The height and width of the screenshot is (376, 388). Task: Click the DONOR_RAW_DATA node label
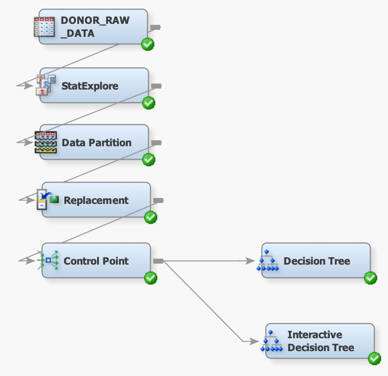(x=95, y=27)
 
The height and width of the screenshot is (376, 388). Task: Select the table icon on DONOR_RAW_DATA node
(x=44, y=26)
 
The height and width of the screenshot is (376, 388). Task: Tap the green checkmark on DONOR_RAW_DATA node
(x=148, y=44)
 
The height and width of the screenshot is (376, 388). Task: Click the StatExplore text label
(x=90, y=86)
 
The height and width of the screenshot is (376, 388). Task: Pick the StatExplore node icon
(x=45, y=85)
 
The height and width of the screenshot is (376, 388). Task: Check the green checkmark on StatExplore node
(x=149, y=103)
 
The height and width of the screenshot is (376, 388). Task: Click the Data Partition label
(x=97, y=143)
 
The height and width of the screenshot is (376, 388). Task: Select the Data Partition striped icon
(x=45, y=142)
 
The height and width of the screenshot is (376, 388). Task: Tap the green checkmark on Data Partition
(x=149, y=160)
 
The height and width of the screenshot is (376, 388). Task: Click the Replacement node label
(x=96, y=200)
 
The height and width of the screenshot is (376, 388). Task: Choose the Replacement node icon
(x=48, y=200)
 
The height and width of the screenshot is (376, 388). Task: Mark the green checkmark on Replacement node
(x=151, y=217)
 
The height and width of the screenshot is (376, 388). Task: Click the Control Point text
(x=96, y=261)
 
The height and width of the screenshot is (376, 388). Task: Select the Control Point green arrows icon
(x=48, y=260)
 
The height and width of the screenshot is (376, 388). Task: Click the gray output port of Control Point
(x=158, y=261)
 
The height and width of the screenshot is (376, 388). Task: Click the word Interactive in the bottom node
(x=314, y=335)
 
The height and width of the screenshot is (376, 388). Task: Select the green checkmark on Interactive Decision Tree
(x=374, y=359)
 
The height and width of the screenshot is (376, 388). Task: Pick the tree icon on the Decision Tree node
(x=268, y=261)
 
